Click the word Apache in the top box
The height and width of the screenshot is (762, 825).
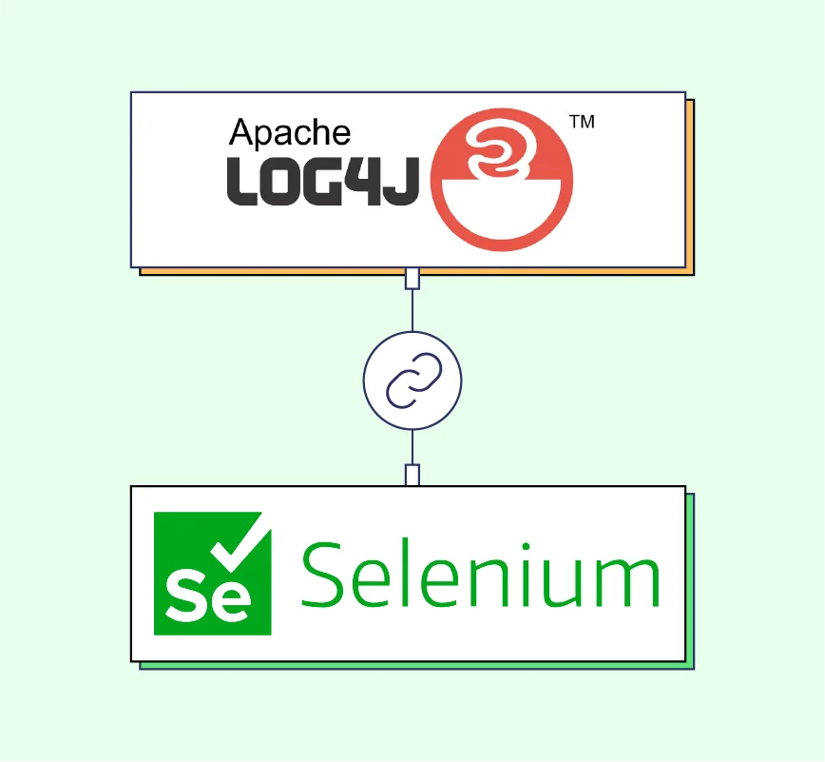[x=290, y=133]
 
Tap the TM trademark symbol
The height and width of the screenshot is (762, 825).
[x=581, y=122]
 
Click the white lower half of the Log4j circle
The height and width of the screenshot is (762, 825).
[x=503, y=214]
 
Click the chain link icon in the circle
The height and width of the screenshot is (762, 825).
[x=412, y=381]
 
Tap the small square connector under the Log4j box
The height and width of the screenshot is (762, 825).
[x=412, y=279]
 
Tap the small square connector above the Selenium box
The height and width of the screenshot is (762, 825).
[x=412, y=475]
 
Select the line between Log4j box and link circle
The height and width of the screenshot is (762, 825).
[x=412, y=309]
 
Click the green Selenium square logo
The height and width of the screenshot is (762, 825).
[x=213, y=573]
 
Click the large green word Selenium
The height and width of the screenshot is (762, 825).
[x=480, y=574]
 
